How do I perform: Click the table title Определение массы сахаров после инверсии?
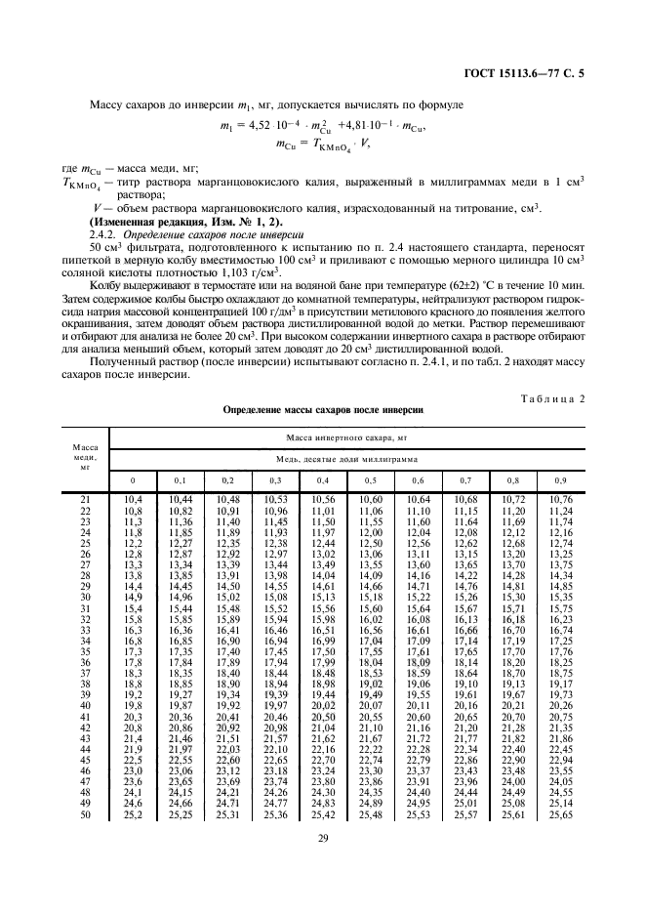point(323,411)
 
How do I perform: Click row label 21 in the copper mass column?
point(85,500)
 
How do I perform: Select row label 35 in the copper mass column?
point(85,650)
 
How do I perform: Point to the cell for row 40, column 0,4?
point(323,704)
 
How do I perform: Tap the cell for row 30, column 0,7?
point(465,597)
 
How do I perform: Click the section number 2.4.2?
point(103,236)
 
